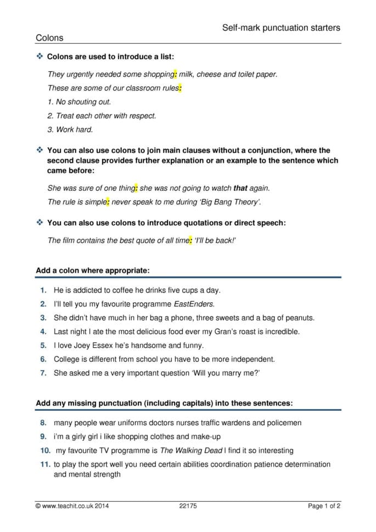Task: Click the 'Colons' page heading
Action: coord(49,38)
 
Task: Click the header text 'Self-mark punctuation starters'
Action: coord(281,27)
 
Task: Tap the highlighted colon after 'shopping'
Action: coord(175,74)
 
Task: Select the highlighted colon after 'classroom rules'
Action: coord(180,88)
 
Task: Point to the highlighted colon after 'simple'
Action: coord(108,202)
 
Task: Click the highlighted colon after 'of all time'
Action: coord(190,240)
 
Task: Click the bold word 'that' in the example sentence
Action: coord(240,188)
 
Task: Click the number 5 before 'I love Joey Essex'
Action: coord(43,346)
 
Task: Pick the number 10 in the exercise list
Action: coord(44,450)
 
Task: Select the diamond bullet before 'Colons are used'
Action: coord(39,56)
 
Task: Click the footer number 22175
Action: coord(188,506)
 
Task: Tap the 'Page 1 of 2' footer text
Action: coord(324,506)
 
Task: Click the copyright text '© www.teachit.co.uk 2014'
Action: coord(72,506)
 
